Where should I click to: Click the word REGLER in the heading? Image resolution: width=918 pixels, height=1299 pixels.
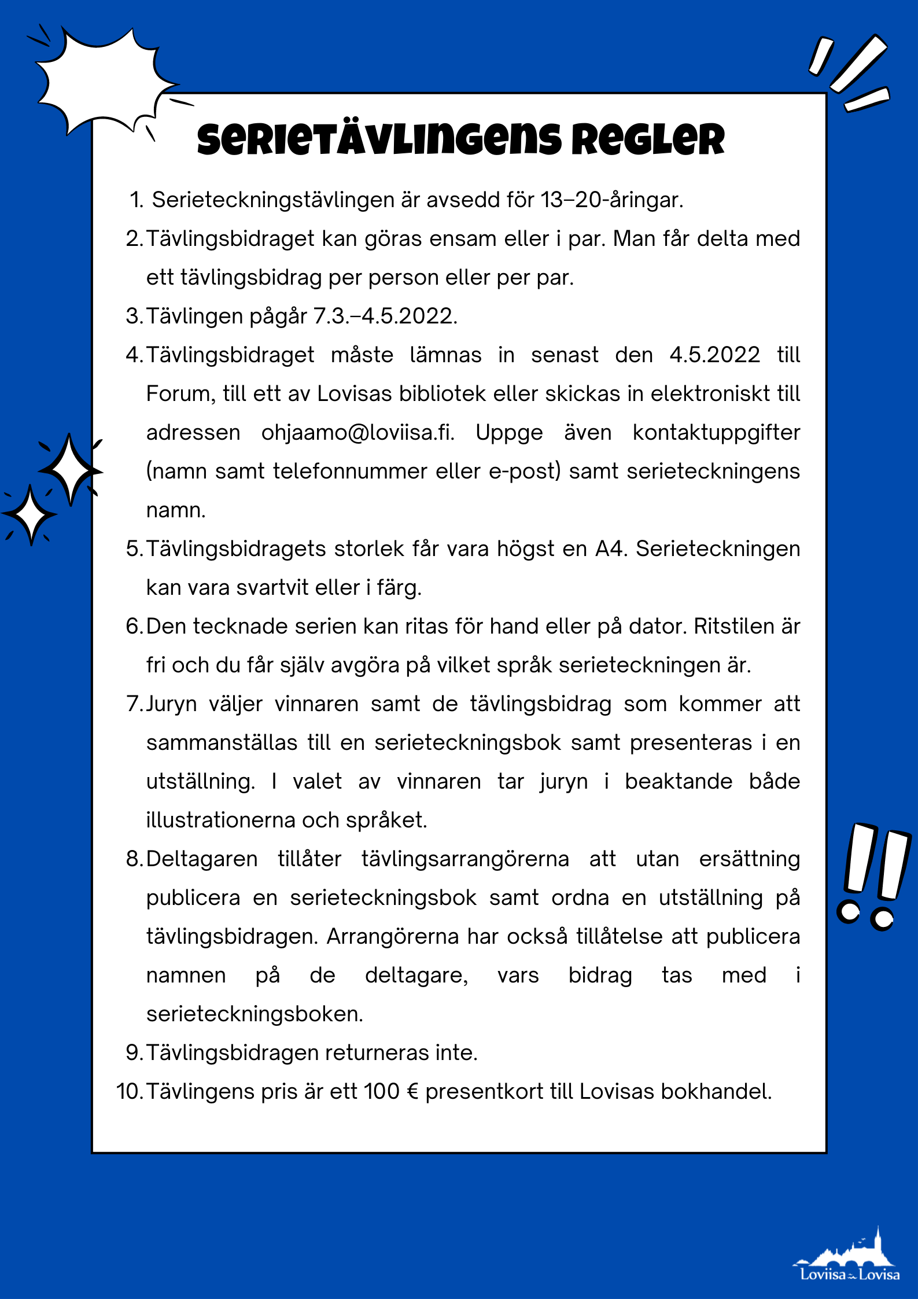(648, 140)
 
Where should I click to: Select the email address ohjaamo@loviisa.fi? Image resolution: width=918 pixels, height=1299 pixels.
(357, 433)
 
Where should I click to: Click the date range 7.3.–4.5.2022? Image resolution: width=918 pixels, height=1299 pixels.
(385, 317)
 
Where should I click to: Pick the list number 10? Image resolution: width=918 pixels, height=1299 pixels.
(128, 1092)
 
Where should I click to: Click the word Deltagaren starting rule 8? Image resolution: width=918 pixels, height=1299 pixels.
(202, 859)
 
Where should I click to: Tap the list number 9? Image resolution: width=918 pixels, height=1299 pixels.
(134, 1053)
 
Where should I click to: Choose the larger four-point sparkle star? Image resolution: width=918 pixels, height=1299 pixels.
(70, 470)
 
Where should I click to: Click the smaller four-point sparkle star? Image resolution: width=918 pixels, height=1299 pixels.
(31, 514)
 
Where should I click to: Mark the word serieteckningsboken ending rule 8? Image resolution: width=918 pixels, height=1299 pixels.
(255, 1014)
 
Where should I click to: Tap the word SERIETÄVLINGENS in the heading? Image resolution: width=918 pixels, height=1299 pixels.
(379, 140)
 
